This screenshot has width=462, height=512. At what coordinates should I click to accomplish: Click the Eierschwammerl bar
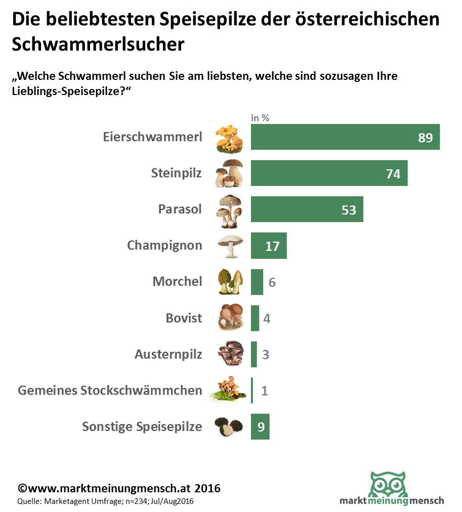click(x=334, y=137)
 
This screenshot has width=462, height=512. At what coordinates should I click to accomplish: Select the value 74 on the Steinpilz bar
click(x=393, y=174)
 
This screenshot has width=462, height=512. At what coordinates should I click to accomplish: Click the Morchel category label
click(x=177, y=282)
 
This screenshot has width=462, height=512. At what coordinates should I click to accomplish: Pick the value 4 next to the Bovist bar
click(x=267, y=319)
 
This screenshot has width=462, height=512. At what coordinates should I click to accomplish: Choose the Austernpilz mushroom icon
click(x=230, y=354)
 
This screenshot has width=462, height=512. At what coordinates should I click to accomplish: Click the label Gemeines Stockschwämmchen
click(x=110, y=391)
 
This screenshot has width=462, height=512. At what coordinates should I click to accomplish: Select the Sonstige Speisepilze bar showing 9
click(x=260, y=427)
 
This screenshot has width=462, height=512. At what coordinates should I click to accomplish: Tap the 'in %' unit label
click(x=260, y=118)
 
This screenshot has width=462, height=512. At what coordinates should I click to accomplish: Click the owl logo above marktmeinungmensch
click(x=388, y=484)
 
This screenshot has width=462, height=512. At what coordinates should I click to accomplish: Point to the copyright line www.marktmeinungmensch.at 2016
click(x=119, y=489)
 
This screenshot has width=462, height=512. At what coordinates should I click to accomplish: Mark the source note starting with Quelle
click(x=105, y=501)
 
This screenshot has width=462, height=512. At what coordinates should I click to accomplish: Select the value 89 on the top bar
click(x=425, y=137)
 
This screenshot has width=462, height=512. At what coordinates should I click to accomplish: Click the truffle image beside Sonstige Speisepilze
click(x=229, y=427)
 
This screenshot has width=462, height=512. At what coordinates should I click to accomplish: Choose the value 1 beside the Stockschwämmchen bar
click(x=265, y=391)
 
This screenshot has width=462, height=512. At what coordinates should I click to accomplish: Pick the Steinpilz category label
click(x=176, y=173)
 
